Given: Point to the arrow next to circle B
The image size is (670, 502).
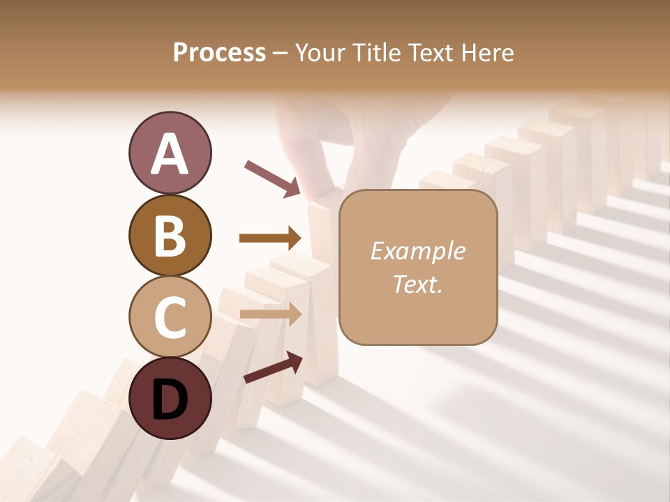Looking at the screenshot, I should [270, 238].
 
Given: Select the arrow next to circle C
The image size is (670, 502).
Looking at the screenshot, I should [271, 314].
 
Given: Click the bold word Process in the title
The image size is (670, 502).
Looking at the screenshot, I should [219, 52].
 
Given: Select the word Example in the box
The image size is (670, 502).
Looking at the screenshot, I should [417, 252].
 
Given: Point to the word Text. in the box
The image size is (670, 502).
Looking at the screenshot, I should [417, 284].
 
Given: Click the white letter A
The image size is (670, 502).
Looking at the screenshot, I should [170, 154].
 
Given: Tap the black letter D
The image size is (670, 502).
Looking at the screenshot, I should [170, 400].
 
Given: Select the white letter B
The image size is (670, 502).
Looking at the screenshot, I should [170, 236].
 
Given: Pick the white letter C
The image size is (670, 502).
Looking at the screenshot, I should [170, 317].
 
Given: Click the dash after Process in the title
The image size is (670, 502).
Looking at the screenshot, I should [281, 53].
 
